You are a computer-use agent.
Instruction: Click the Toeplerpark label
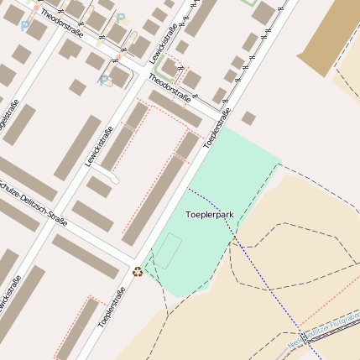[209, 215]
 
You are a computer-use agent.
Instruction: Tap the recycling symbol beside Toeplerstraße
[137, 271]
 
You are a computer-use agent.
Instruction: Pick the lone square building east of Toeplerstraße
[248, 118]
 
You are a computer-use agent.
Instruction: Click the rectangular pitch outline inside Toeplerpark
[167, 252]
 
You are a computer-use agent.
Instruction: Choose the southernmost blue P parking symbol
[105, 81]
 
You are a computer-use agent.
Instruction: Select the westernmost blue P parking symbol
[23, 26]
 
